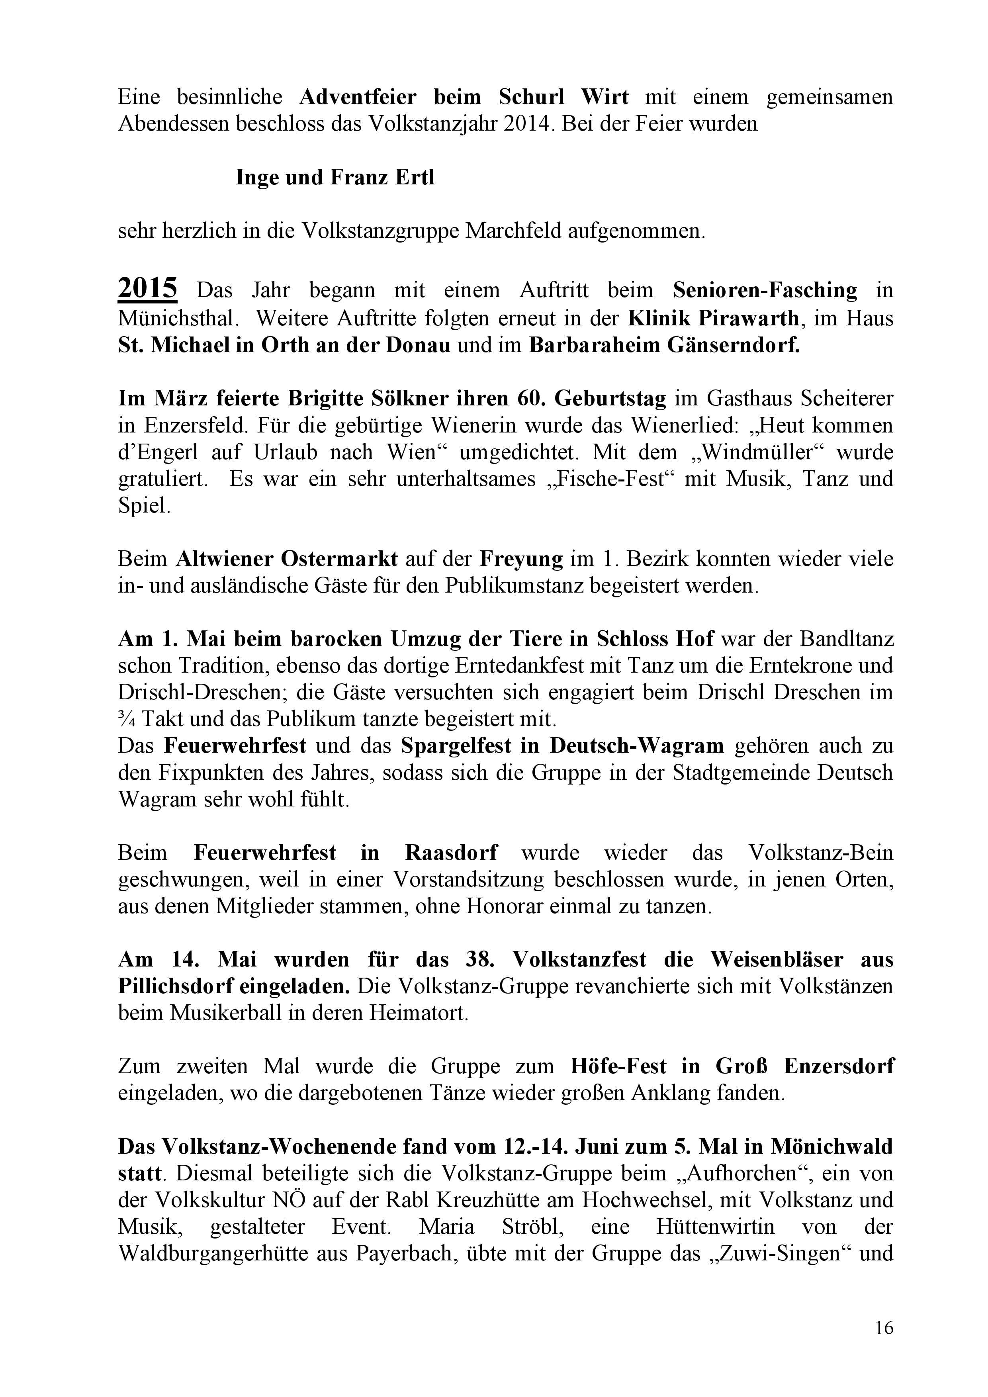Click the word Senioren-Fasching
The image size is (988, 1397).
click(x=765, y=290)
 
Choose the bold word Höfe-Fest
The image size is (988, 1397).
click(x=618, y=1066)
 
